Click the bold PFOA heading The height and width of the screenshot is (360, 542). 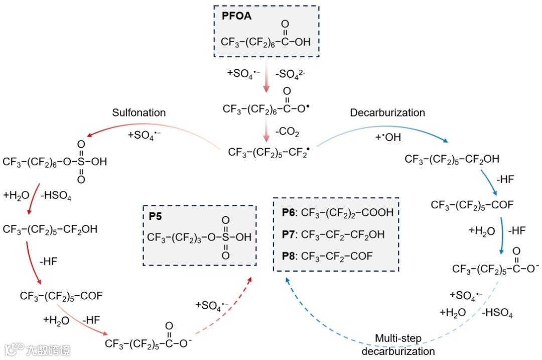pyautogui.click(x=236, y=16)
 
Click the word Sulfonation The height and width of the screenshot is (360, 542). pyautogui.click(x=139, y=112)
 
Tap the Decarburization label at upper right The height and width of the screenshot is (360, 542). pyautogui.click(x=387, y=112)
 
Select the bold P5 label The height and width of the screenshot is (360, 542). pyautogui.click(x=155, y=217)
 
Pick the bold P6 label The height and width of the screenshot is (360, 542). pyautogui.click(x=288, y=212)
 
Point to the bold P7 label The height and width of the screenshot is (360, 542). pyautogui.click(x=288, y=234)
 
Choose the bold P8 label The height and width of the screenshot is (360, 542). pyautogui.click(x=288, y=256)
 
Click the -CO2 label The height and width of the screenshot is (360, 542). pyautogui.click(x=288, y=133)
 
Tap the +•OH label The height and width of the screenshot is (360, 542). pyautogui.click(x=387, y=137)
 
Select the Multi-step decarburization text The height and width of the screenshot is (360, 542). pyautogui.click(x=398, y=344)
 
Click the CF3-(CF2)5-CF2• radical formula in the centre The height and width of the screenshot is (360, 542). pyautogui.click(x=268, y=152)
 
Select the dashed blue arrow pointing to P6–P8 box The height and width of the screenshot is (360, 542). pyautogui.click(x=321, y=321)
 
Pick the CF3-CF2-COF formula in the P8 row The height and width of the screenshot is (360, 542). pyautogui.click(x=337, y=256)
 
